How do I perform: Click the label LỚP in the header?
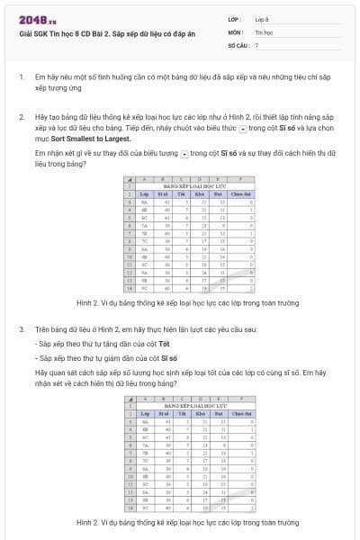236,18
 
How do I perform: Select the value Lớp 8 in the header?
262,18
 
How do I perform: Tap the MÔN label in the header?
237,31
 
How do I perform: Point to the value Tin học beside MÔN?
264,31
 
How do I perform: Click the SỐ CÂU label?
238,44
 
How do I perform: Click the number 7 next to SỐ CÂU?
256,44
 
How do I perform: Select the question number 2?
21,118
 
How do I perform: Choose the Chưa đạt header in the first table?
240,193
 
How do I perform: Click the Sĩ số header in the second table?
163,411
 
